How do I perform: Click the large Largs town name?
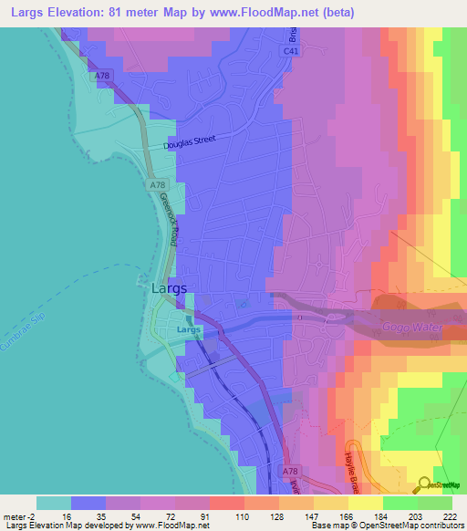(168, 288)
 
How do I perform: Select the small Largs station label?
(188, 329)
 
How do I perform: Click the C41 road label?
(291, 54)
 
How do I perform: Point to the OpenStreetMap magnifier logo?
(425, 484)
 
